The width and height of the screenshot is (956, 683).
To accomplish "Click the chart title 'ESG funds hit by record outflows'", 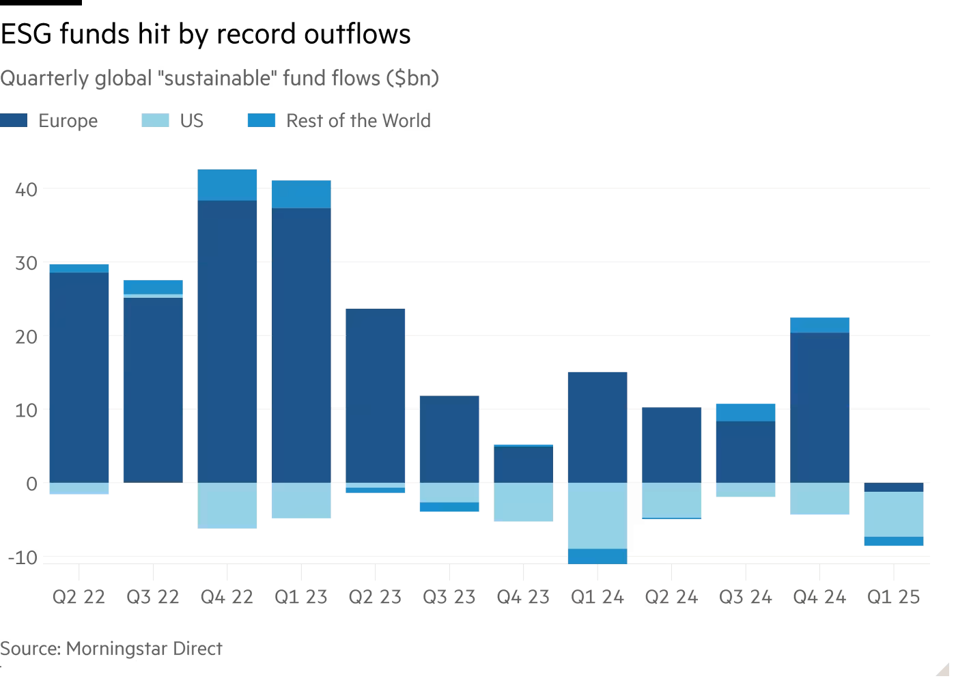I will (x=206, y=34).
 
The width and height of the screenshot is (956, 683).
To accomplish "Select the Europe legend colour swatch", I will (x=14, y=121).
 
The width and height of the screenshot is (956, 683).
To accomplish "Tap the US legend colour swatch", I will (x=155, y=121).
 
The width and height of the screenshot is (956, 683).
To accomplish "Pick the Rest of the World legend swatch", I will (x=262, y=121).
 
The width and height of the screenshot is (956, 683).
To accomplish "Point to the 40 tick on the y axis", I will (x=27, y=189).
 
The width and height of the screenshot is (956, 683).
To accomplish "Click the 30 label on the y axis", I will (x=27, y=263).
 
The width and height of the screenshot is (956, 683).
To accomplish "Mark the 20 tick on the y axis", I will (x=27, y=337).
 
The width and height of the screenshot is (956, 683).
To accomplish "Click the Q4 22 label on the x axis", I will (x=227, y=598).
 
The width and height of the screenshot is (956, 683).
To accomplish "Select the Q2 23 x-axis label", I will (x=375, y=598).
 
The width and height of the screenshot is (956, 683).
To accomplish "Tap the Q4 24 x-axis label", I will (x=819, y=598).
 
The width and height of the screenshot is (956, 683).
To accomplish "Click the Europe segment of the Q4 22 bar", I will (x=227, y=341).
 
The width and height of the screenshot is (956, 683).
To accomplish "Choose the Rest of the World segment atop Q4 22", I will (x=227, y=185).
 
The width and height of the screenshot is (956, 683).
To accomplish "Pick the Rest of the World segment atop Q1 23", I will (x=301, y=195).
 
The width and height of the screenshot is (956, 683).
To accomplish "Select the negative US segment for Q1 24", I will (x=597, y=516).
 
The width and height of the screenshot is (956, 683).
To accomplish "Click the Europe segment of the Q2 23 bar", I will (x=376, y=396).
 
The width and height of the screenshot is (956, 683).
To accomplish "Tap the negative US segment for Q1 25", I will (x=894, y=514).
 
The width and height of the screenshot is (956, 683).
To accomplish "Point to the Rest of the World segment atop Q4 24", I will (x=819, y=325).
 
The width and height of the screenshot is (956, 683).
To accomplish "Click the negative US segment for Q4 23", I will (x=523, y=502).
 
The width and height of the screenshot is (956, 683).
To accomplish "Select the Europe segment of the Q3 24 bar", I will (x=746, y=452).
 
